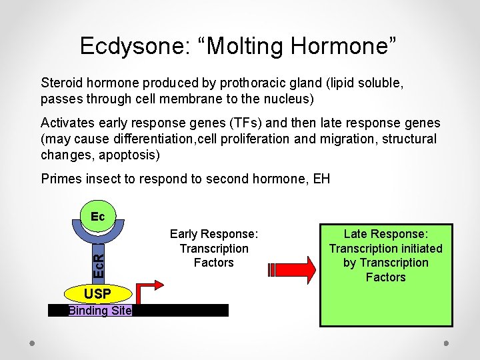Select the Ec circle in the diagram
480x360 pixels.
click(97, 217)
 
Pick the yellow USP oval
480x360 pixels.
click(97, 294)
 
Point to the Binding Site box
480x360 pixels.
click(100, 311)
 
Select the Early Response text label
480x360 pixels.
click(214, 234)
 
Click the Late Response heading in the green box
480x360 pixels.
click(386, 234)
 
